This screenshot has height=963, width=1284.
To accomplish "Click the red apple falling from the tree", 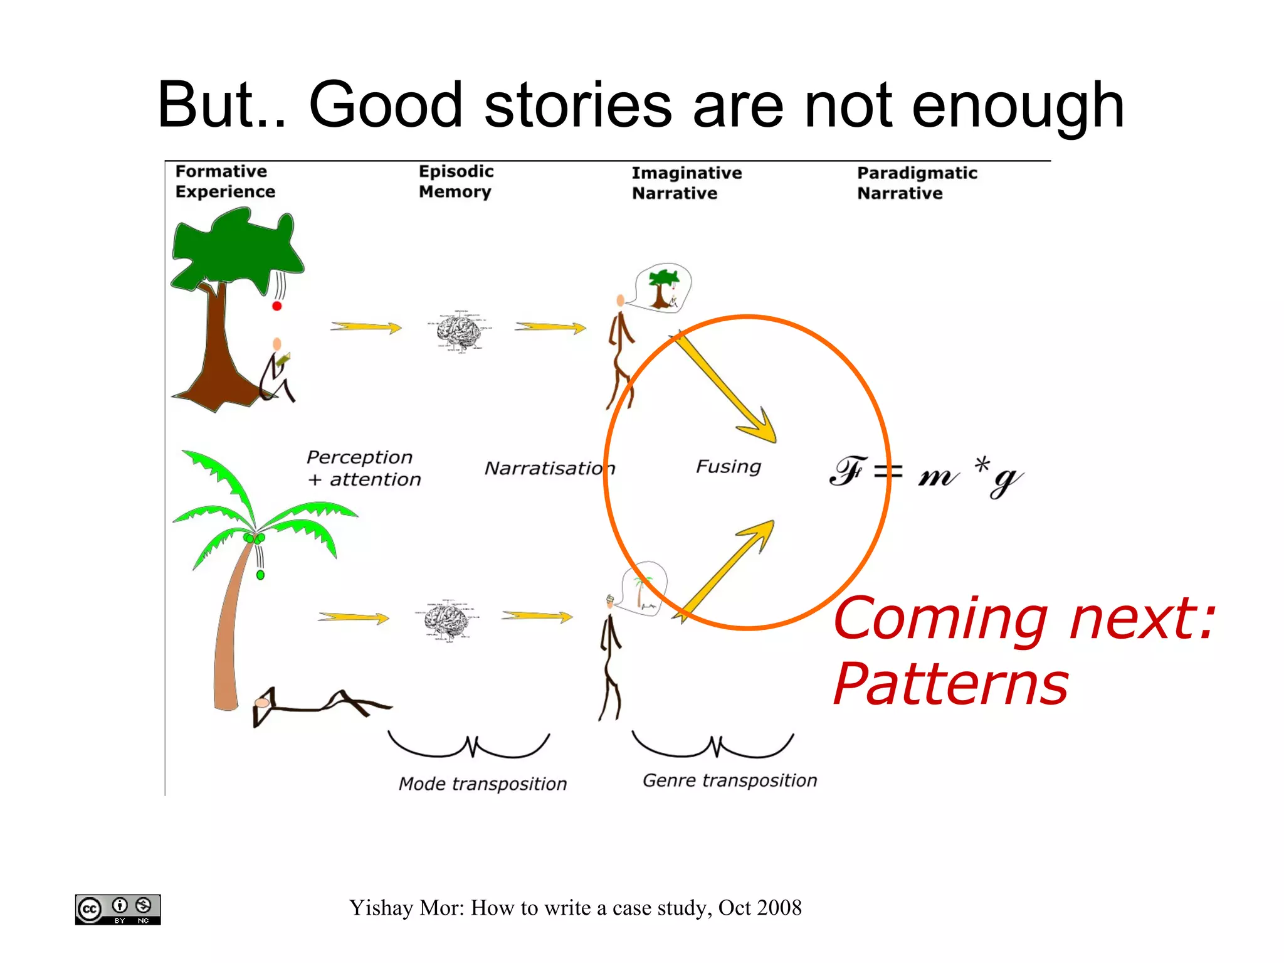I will point(276,306).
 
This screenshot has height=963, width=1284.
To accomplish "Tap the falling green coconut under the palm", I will point(260,575).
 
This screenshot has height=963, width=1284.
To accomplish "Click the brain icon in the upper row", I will point(460,331).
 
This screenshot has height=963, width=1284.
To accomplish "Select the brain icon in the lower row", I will point(446,620).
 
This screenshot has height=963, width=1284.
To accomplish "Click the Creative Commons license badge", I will point(118,909).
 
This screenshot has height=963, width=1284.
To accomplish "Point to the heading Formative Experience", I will point(224,181).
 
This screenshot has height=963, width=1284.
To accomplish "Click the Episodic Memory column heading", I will point(456,181).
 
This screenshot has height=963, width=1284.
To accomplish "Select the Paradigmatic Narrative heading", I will point(917,183).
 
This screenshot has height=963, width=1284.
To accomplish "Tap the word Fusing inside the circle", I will point(729,466).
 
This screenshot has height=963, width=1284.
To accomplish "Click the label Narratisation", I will point(549,468).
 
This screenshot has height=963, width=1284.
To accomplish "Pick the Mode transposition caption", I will point(482,784).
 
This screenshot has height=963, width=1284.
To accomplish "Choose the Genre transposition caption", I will point(730,780).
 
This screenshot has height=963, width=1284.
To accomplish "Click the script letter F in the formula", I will point(847,471).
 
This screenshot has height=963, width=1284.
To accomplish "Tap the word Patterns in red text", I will point(950,684).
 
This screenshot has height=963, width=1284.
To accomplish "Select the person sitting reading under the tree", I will point(276,373).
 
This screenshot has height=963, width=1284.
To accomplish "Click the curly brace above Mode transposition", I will point(469,747).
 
